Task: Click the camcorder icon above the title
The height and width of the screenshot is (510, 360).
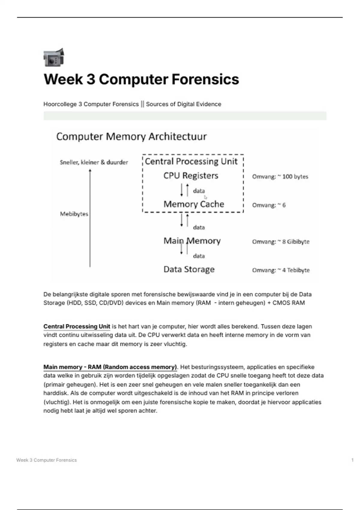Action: click(x=54, y=57)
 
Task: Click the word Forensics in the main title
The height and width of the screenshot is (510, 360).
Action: click(x=205, y=79)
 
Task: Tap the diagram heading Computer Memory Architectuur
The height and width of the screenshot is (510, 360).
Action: click(x=131, y=137)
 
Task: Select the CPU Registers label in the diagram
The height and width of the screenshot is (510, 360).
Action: click(x=191, y=175)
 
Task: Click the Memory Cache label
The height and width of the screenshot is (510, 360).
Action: click(x=194, y=204)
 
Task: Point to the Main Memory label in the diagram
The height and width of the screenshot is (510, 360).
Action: click(x=192, y=241)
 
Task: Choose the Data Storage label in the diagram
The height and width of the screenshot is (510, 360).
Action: click(x=189, y=269)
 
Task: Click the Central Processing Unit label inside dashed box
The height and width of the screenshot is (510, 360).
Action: click(x=191, y=161)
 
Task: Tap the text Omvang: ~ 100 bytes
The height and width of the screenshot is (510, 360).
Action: click(x=280, y=177)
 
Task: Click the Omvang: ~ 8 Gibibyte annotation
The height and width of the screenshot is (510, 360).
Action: click(x=280, y=242)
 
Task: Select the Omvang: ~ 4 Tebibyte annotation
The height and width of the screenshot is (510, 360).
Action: click(x=280, y=270)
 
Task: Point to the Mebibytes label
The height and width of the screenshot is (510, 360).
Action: click(x=74, y=214)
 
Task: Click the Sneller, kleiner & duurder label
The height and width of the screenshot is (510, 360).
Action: click(x=94, y=162)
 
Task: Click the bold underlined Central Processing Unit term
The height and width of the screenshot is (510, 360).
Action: click(x=77, y=326)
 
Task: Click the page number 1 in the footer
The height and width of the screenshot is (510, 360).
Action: click(x=352, y=460)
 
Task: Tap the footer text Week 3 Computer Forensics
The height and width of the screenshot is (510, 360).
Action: click(x=46, y=460)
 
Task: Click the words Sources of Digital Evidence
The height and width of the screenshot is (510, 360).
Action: click(x=184, y=104)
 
